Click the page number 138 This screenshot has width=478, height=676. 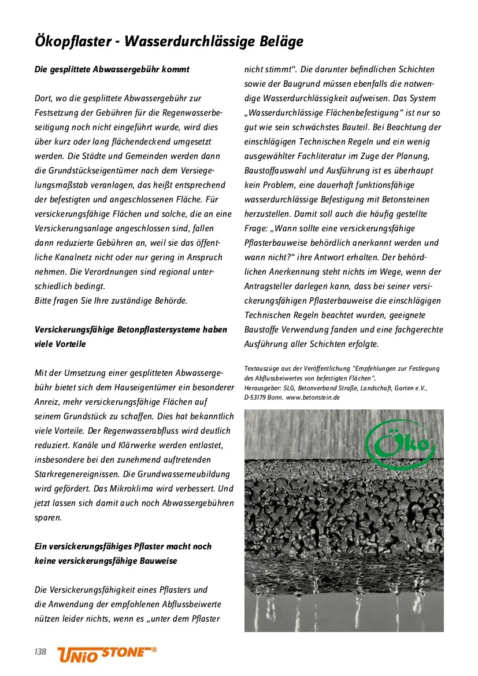click(40, 652)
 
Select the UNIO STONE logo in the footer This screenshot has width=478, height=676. click(107, 653)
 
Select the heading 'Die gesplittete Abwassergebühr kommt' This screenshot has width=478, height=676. click(112, 69)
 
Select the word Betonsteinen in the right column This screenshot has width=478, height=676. click(403, 200)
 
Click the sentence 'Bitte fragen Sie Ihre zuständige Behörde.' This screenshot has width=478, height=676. click(111, 301)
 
